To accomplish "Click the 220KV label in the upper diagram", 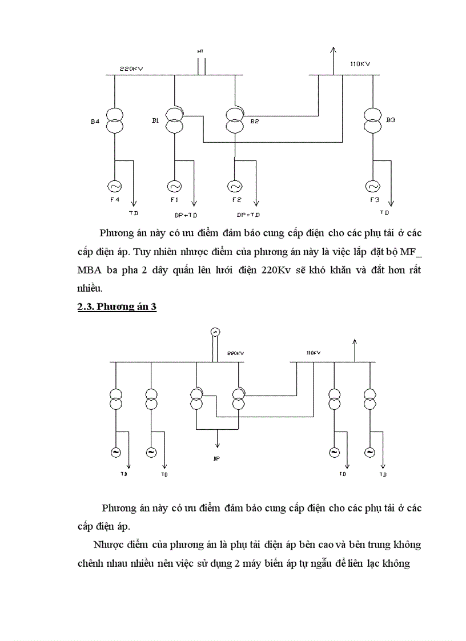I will [x=131, y=69].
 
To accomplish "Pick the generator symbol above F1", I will [x=174, y=186].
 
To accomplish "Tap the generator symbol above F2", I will [x=234, y=186].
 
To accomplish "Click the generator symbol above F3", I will [x=372, y=186].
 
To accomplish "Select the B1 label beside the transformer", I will [x=155, y=120].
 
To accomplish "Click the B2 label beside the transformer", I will [x=255, y=121].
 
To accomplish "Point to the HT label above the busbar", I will [x=200, y=51].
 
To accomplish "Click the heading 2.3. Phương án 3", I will [x=117, y=307].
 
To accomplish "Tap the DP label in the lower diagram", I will [x=217, y=458].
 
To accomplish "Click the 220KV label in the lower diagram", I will [x=235, y=353].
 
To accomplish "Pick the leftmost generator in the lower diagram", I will [x=115, y=452].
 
